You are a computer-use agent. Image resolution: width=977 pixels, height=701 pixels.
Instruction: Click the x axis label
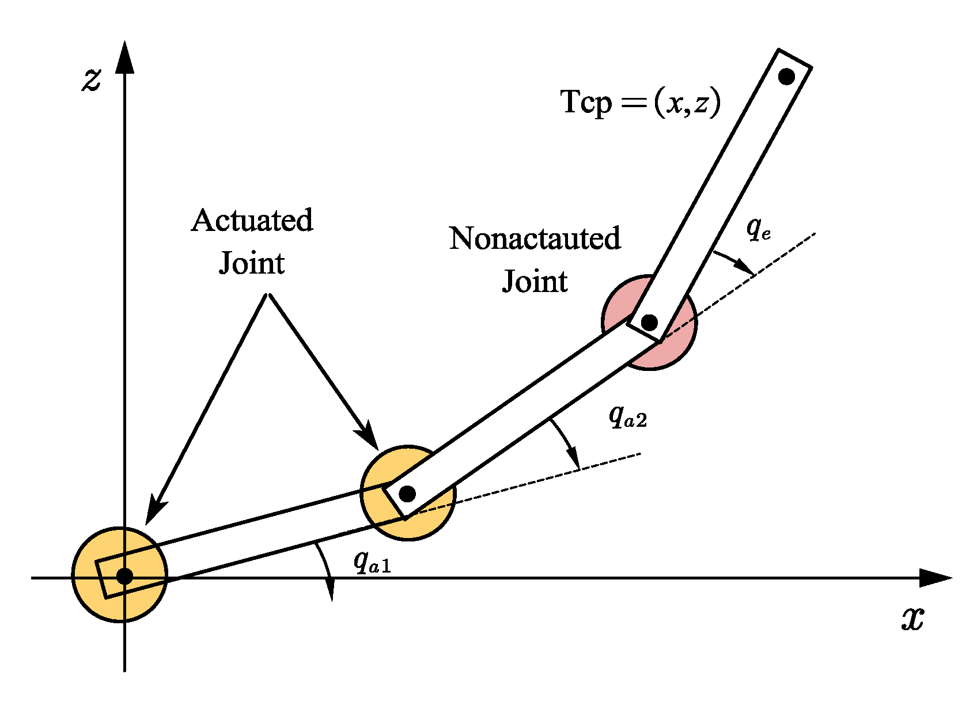coord(912,619)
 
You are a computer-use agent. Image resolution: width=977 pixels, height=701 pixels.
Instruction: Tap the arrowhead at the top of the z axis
coord(124,58)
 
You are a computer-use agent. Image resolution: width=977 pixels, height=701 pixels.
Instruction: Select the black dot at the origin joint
coord(124,576)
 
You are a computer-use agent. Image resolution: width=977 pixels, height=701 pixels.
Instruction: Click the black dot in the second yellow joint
coord(407,494)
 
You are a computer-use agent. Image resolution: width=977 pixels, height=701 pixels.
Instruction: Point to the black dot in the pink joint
coord(649,322)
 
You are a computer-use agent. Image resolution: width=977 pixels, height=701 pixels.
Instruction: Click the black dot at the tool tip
coord(786,76)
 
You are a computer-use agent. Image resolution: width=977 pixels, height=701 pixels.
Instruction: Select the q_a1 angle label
coord(372,561)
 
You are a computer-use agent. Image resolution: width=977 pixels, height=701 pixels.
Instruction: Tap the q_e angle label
coord(758,229)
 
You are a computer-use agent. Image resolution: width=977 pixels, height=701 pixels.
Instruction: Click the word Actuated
coord(252,221)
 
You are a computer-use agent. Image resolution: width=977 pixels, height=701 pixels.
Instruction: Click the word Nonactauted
coord(535,238)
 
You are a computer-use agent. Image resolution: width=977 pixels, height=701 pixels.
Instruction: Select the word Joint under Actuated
coord(252,264)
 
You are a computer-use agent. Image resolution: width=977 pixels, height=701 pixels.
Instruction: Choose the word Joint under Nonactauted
coord(535,282)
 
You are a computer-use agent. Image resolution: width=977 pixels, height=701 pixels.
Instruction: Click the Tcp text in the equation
coord(586,103)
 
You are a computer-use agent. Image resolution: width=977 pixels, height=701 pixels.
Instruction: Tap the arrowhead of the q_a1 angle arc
coord(331,590)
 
